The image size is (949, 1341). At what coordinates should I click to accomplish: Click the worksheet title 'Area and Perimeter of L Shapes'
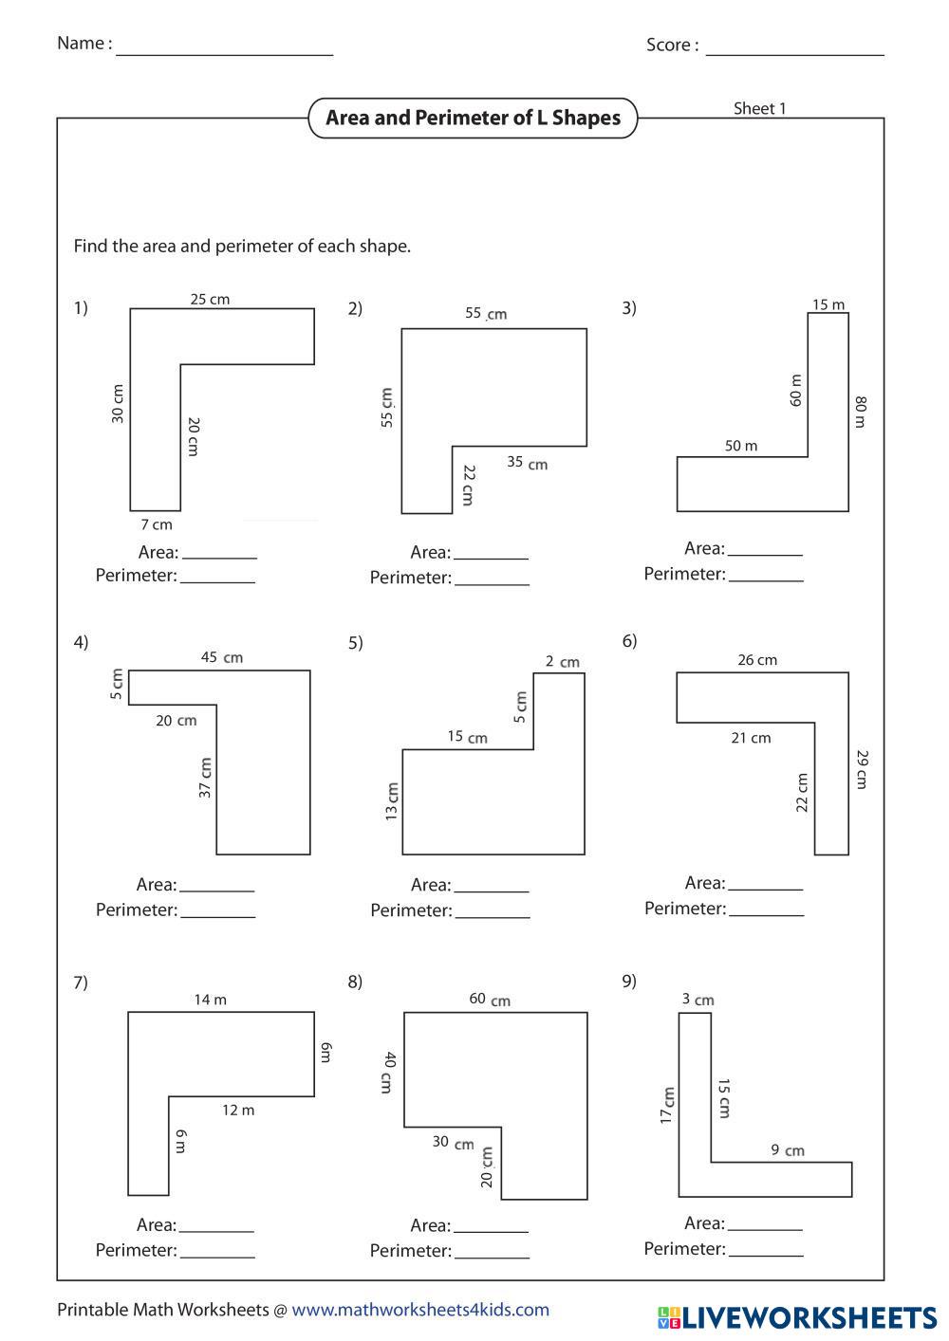pyautogui.click(x=473, y=119)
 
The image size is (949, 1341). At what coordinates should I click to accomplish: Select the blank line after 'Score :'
pyautogui.click(x=794, y=49)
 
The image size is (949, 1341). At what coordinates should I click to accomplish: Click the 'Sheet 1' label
pyautogui.click(x=759, y=109)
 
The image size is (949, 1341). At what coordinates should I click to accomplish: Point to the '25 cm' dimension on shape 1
pyautogui.click(x=210, y=300)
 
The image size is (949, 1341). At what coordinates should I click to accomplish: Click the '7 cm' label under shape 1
pyautogui.click(x=157, y=524)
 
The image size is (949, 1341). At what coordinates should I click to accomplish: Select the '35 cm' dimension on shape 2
pyautogui.click(x=527, y=464)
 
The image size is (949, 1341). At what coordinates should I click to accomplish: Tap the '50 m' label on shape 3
pyautogui.click(x=740, y=446)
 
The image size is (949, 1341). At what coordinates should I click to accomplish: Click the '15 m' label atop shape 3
pyautogui.click(x=828, y=305)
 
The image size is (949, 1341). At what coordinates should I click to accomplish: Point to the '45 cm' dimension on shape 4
pyautogui.click(x=221, y=657)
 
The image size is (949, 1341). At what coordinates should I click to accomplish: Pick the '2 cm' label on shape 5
pyautogui.click(x=562, y=662)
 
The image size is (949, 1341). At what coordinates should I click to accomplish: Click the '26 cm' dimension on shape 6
pyautogui.click(x=756, y=660)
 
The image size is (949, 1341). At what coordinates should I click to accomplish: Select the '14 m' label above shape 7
pyautogui.click(x=210, y=1000)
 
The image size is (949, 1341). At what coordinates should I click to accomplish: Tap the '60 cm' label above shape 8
pyautogui.click(x=489, y=1000)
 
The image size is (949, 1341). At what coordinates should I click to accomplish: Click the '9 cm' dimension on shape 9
pyautogui.click(x=787, y=1150)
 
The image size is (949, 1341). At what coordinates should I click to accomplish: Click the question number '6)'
pyautogui.click(x=629, y=641)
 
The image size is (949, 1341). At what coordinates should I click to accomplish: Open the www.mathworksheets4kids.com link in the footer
pyautogui.click(x=420, y=1310)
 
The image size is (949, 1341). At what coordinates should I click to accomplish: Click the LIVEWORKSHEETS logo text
pyautogui.click(x=808, y=1316)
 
